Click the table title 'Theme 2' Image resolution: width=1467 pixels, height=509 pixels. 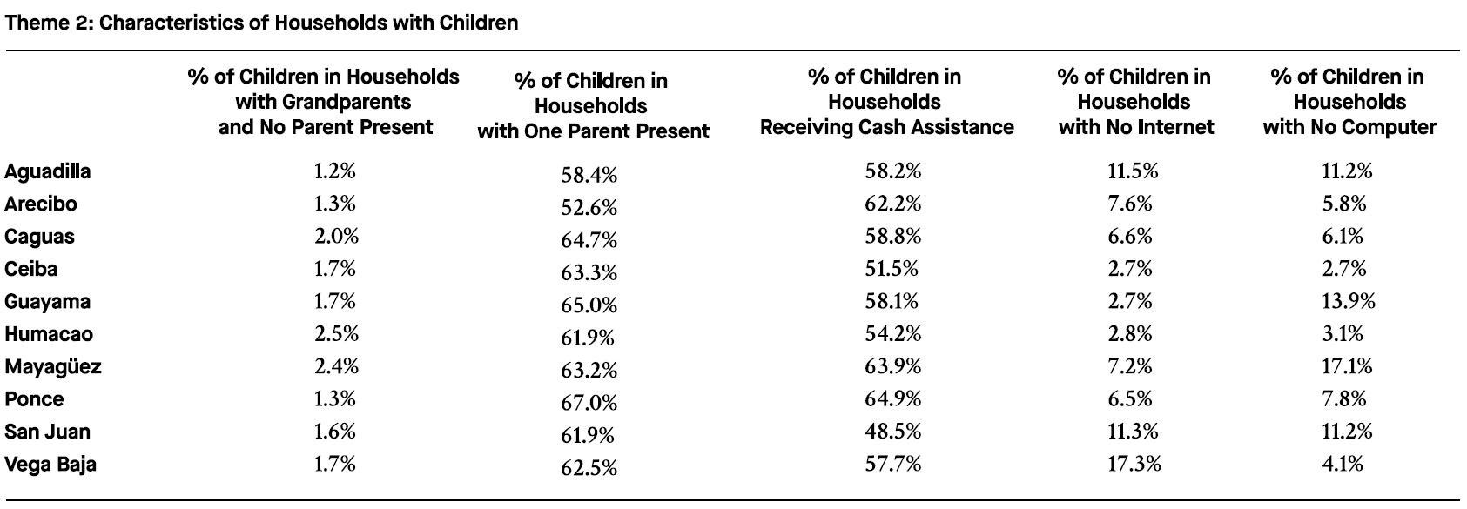pos(261,23)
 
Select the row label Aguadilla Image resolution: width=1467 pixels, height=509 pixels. pos(48,171)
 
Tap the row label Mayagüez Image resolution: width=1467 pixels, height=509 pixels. pos(53,366)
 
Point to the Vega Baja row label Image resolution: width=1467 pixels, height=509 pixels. pos(50,464)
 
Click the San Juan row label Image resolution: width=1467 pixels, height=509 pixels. pos(48,432)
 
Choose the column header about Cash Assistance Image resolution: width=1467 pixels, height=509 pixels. pos(886,102)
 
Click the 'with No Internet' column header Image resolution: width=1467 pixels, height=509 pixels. pos(1134,102)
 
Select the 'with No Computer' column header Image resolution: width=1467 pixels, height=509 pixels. pos(1349,102)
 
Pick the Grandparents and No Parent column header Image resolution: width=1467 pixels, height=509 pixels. pos(324,102)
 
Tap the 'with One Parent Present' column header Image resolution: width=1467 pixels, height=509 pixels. pos(592,106)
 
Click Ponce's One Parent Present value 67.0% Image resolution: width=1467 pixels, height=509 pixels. pos(589,402)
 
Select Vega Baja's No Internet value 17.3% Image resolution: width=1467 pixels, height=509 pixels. pos(1134,464)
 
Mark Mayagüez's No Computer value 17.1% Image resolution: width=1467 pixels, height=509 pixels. pos(1346,366)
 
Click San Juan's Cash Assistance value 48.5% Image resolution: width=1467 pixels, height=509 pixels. pos(892,432)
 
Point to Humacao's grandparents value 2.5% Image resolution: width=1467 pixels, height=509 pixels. pos(335,334)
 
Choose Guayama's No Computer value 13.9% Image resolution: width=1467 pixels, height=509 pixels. pos(1348,301)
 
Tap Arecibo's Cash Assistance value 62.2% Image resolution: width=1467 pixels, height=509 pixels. pos(892,204)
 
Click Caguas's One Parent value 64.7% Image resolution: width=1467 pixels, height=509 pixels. pos(589,240)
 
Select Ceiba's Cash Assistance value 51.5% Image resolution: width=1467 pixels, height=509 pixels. pos(892,269)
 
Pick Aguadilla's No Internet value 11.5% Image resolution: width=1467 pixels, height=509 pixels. pos(1133,171)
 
